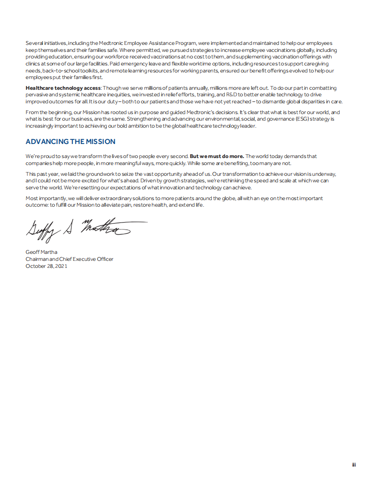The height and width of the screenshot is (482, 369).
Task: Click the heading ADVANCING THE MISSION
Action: coord(70,142)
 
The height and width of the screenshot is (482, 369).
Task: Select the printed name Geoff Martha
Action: coord(42,252)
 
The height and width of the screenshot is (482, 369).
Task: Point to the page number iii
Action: coord(354,465)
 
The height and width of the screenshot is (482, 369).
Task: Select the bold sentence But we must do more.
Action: coord(217,156)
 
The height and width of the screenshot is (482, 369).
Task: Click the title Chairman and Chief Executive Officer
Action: coord(70,259)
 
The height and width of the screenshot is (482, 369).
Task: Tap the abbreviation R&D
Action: coord(232,94)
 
